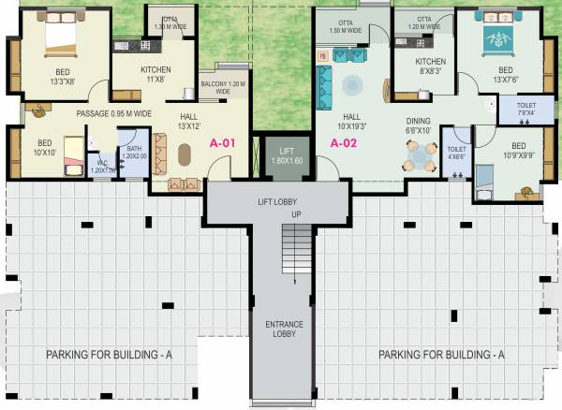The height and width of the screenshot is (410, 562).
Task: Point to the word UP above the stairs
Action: click(297, 214)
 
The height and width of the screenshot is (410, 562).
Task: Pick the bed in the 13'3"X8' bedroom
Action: click(52, 37)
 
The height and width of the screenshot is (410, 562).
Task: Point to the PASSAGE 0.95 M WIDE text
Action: click(113, 113)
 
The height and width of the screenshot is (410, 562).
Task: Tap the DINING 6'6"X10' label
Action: click(419, 126)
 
